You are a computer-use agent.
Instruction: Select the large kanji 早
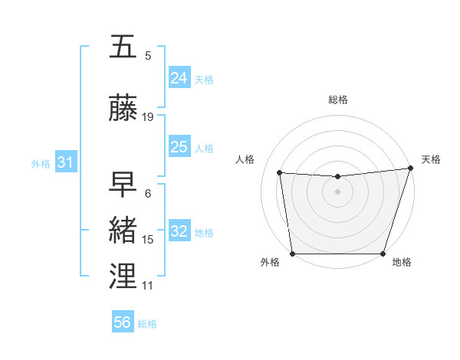[123, 185]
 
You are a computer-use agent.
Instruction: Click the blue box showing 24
[179, 78]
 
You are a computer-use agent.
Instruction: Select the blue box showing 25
[179, 147]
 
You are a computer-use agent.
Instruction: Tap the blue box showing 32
[179, 231]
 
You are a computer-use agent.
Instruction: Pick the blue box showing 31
[64, 162]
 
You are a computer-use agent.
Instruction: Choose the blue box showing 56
[123, 323]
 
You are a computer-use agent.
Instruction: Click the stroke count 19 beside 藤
[148, 117]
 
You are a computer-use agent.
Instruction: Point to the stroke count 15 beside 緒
[148, 240]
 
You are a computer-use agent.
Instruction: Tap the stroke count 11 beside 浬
[148, 286]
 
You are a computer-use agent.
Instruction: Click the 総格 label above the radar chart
[338, 100]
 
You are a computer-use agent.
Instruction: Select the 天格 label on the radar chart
[431, 159]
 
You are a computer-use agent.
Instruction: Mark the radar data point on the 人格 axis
[280, 173]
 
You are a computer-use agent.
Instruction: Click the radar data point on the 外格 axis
[293, 254]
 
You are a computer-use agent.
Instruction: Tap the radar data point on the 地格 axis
[383, 254]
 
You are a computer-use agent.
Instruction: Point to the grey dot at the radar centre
[338, 191]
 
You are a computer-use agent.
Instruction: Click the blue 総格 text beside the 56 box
[147, 324]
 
